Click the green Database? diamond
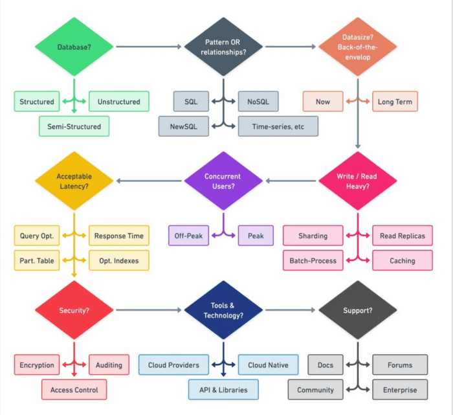74,47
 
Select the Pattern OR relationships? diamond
224,47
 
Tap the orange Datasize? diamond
357,47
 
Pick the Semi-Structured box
74,126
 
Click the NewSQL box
184,126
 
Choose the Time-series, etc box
278,126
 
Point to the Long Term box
395,102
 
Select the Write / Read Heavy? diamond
357,181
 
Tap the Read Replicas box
403,236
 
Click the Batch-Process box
313,260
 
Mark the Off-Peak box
188,236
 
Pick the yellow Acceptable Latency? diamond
74,181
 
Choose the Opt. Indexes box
118,260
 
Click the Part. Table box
37,260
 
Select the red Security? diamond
74,310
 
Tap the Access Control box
74,390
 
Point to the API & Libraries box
223,390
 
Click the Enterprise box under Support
400,390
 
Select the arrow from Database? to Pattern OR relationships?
149,47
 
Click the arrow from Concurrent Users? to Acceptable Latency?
149,181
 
